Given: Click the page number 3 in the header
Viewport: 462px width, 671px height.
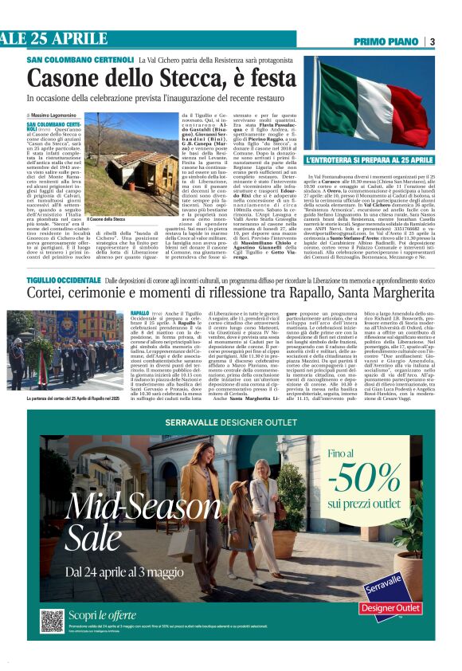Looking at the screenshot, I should point(432,41).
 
